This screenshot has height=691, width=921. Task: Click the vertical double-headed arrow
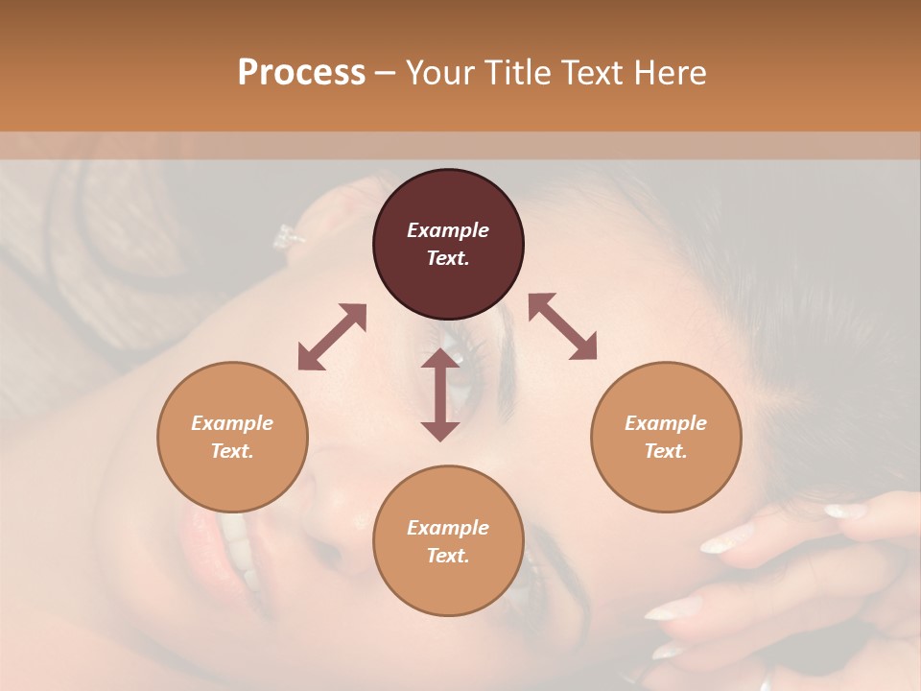[x=440, y=394]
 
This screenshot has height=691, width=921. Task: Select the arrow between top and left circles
[x=332, y=337]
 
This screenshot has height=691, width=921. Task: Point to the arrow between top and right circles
[x=562, y=326]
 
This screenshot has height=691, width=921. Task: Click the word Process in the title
[x=301, y=73]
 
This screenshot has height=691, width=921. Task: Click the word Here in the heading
[x=671, y=73]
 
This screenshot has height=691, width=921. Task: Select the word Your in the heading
[x=440, y=73]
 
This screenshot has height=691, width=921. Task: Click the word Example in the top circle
[x=448, y=230]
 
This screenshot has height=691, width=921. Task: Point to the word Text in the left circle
[x=232, y=451]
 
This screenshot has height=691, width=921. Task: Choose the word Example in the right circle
[x=666, y=423]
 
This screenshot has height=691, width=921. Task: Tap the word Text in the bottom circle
[x=448, y=556]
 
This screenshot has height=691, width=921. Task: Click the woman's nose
[x=331, y=499]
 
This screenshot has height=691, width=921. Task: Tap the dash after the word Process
[x=386, y=73]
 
